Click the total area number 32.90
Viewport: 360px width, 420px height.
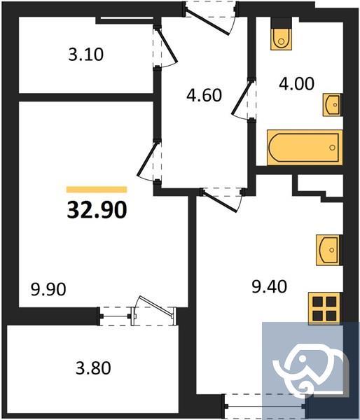click(97, 209)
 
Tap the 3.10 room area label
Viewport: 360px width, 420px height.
click(87, 53)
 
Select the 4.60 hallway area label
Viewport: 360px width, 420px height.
click(204, 94)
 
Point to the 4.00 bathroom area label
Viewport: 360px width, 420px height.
click(296, 83)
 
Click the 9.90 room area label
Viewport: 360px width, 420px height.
click(48, 288)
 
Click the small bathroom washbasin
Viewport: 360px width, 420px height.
click(332, 106)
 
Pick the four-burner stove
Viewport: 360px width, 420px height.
click(324, 307)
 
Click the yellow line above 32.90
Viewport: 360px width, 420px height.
click(97, 189)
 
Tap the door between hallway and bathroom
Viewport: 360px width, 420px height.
click(246, 98)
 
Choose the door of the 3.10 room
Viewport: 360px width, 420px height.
click(164, 48)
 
